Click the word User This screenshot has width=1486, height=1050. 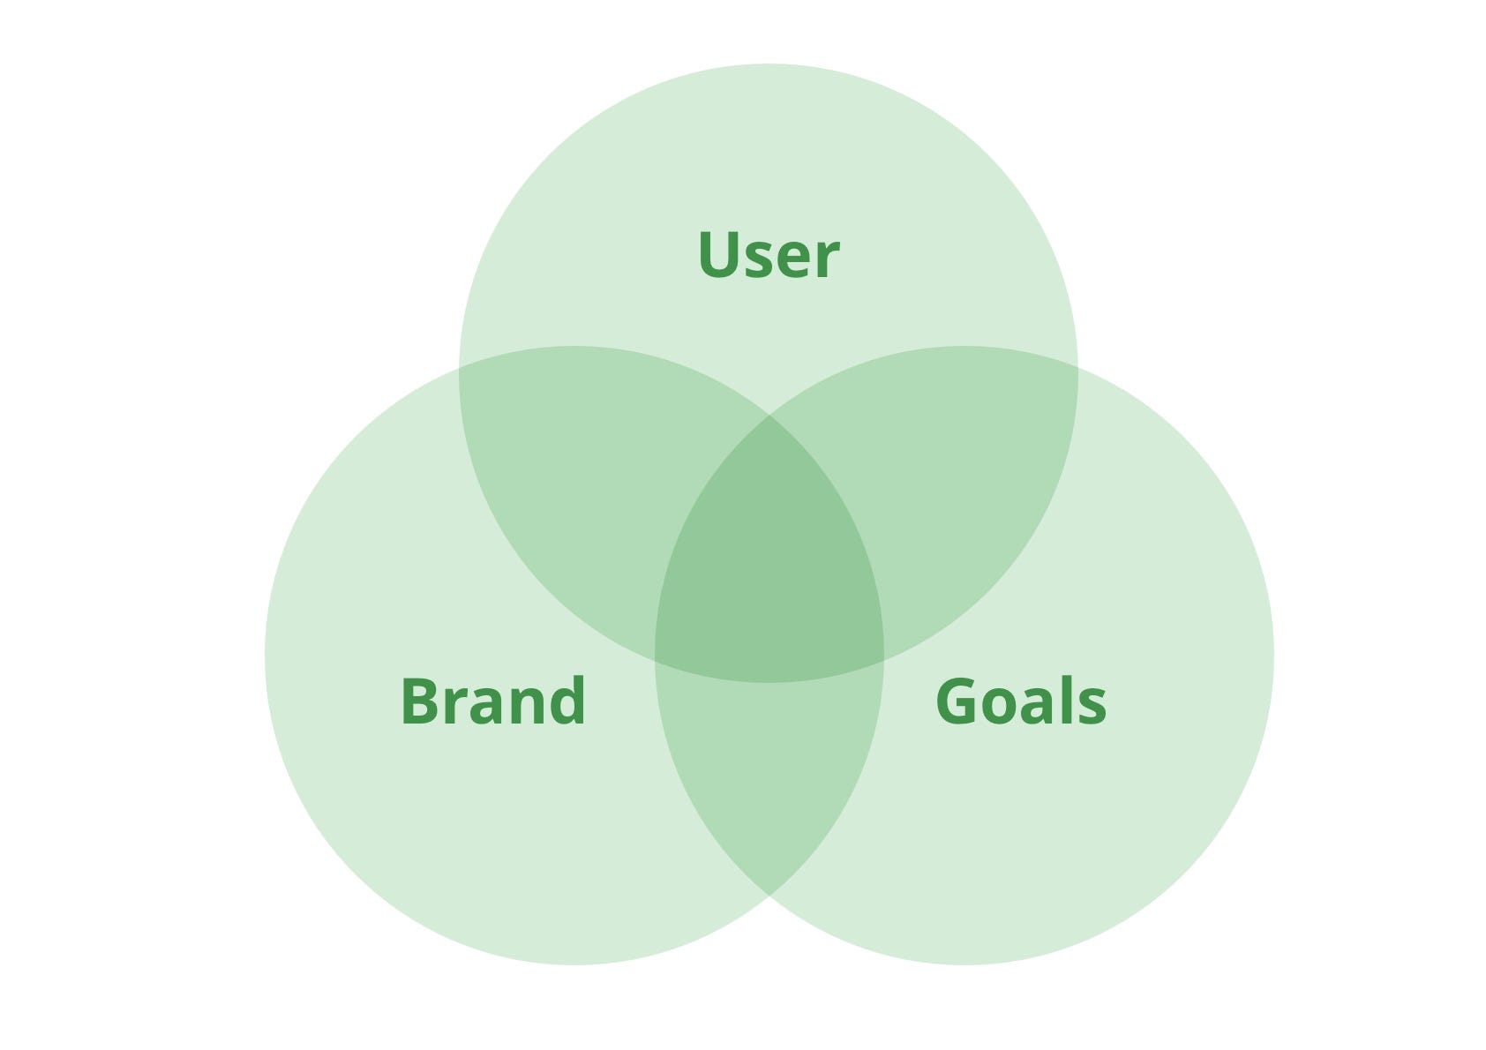pos(768,255)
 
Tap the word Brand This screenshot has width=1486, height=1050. pos(492,701)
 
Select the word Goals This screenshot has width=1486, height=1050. pos(1020,701)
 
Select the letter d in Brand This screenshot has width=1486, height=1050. pos(565,701)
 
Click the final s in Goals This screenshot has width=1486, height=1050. pos(1092,707)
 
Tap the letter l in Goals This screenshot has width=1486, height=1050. pos(1064,700)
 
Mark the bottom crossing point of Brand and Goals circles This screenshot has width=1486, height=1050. pos(769,896)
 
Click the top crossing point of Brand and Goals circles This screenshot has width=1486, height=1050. pos(769,415)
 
